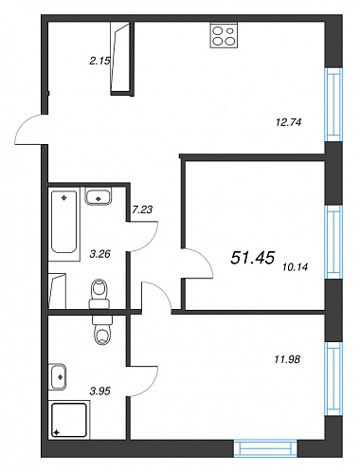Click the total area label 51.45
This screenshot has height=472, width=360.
coord(253,258)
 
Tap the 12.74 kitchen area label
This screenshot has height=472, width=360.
coord(289,122)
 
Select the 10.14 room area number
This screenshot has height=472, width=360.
coord(296,267)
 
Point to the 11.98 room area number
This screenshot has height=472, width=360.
coord(287,359)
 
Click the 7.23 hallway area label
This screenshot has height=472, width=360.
coord(142,209)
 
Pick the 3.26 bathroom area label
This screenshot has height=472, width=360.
coord(99,254)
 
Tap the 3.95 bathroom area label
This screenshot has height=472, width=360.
coord(100,391)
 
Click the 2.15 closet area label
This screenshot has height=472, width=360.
coord(99,62)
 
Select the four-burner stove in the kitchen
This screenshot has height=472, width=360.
coord(224,36)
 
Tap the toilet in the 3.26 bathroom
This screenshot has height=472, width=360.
coord(99,294)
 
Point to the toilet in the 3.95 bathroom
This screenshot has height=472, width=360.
coord(102,330)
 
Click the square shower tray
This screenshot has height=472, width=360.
coord(69,420)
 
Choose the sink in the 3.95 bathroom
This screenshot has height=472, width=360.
coord(58,377)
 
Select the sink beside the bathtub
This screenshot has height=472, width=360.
coord(99,196)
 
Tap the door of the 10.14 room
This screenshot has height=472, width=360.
coord(198,263)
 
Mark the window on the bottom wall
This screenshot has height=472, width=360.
coord(265,448)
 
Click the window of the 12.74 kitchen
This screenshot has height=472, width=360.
coord(333,104)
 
